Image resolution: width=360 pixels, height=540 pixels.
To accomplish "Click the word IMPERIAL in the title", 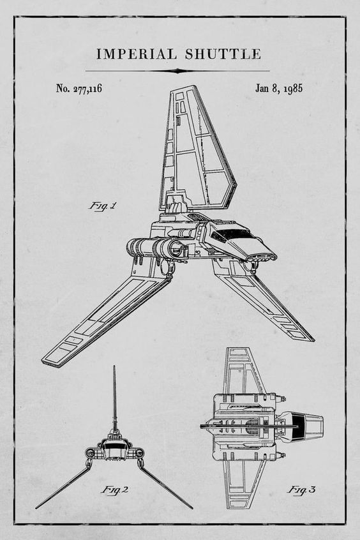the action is (137, 54).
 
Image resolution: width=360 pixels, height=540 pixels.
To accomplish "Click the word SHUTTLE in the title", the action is (223, 54).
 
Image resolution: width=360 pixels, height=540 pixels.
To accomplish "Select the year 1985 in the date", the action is (293, 89).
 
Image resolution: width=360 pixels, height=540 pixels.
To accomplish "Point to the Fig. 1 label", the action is (103, 206).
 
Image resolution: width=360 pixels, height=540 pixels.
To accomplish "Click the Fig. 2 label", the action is (115, 490).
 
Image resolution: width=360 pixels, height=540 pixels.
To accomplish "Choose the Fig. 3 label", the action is (301, 490).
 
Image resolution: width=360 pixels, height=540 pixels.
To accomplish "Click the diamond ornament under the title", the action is (177, 71).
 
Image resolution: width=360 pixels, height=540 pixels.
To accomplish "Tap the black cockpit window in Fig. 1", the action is (232, 234).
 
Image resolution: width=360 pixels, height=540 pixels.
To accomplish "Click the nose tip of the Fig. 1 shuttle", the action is (273, 256).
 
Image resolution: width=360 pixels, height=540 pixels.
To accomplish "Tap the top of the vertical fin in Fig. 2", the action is (114, 366).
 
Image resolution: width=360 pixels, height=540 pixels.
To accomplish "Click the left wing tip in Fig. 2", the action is (36, 507).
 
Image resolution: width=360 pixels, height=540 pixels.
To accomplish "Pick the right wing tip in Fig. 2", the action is (191, 507).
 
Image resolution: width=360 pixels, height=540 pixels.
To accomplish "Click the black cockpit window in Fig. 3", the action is (298, 426).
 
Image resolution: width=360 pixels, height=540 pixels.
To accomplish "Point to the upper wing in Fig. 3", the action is (243, 370).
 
